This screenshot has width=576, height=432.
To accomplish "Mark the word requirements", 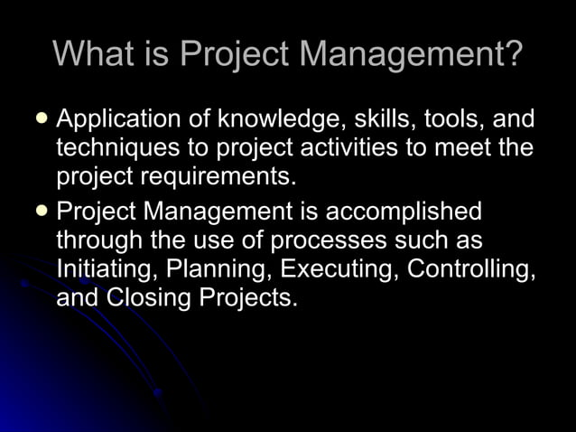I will point(216,174).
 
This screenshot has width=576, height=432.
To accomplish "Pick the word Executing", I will point(339,269).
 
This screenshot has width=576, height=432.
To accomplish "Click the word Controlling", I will point(473,269).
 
